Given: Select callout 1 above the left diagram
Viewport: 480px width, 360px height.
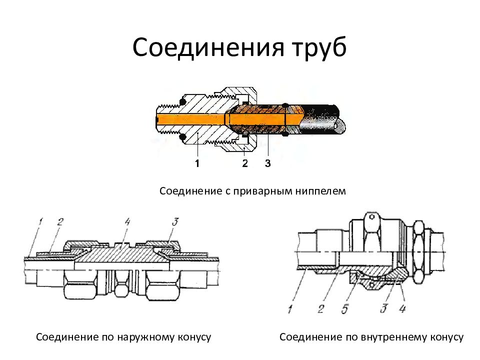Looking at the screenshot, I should pos(41,220).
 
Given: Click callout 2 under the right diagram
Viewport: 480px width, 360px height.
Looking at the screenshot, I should pos(321,309).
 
